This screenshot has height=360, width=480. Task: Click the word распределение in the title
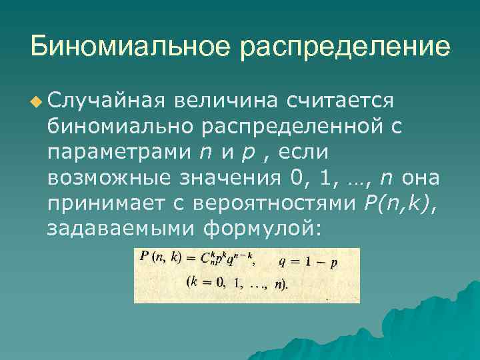click(x=346, y=48)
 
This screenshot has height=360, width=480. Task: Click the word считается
click(x=341, y=101)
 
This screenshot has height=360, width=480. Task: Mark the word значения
click(x=229, y=178)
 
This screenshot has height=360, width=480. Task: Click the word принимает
click(x=105, y=203)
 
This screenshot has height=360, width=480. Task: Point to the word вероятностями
click(x=277, y=203)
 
